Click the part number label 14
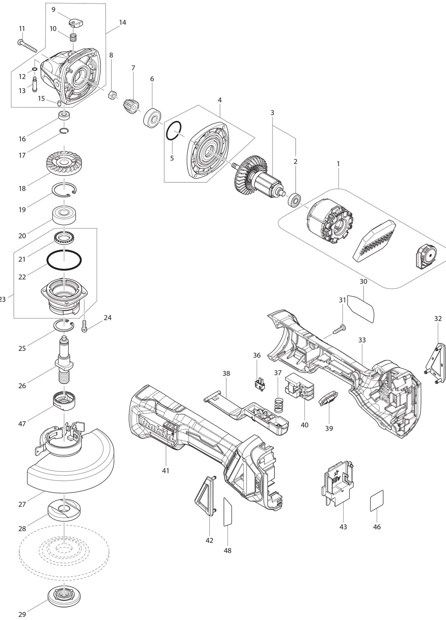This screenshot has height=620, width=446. coord(123,23)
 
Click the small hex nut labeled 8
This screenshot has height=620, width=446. coord(112,95)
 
